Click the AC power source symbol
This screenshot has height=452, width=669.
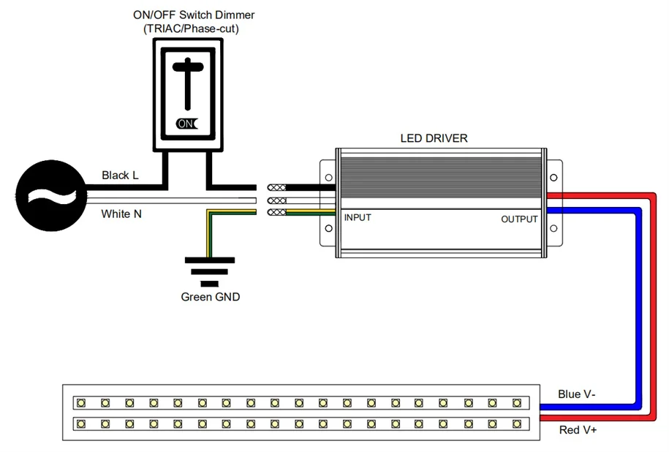coord(49,195)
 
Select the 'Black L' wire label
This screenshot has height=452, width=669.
coord(120,176)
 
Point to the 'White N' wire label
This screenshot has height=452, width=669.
coord(121,214)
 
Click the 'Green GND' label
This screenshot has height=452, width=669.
coord(211,297)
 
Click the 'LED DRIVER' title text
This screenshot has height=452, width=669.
coord(434,138)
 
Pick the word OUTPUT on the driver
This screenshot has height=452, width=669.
coord(519,219)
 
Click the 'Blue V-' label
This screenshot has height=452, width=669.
coord(576,394)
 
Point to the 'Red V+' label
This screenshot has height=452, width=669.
coord(578,430)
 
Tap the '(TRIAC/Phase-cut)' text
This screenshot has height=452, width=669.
coord(191,29)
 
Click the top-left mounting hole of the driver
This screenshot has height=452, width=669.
coord(328,178)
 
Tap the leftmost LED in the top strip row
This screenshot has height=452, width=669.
coord(81,402)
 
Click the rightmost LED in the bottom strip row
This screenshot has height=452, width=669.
coord(516,423)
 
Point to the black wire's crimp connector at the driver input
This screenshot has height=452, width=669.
coord(277,187)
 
